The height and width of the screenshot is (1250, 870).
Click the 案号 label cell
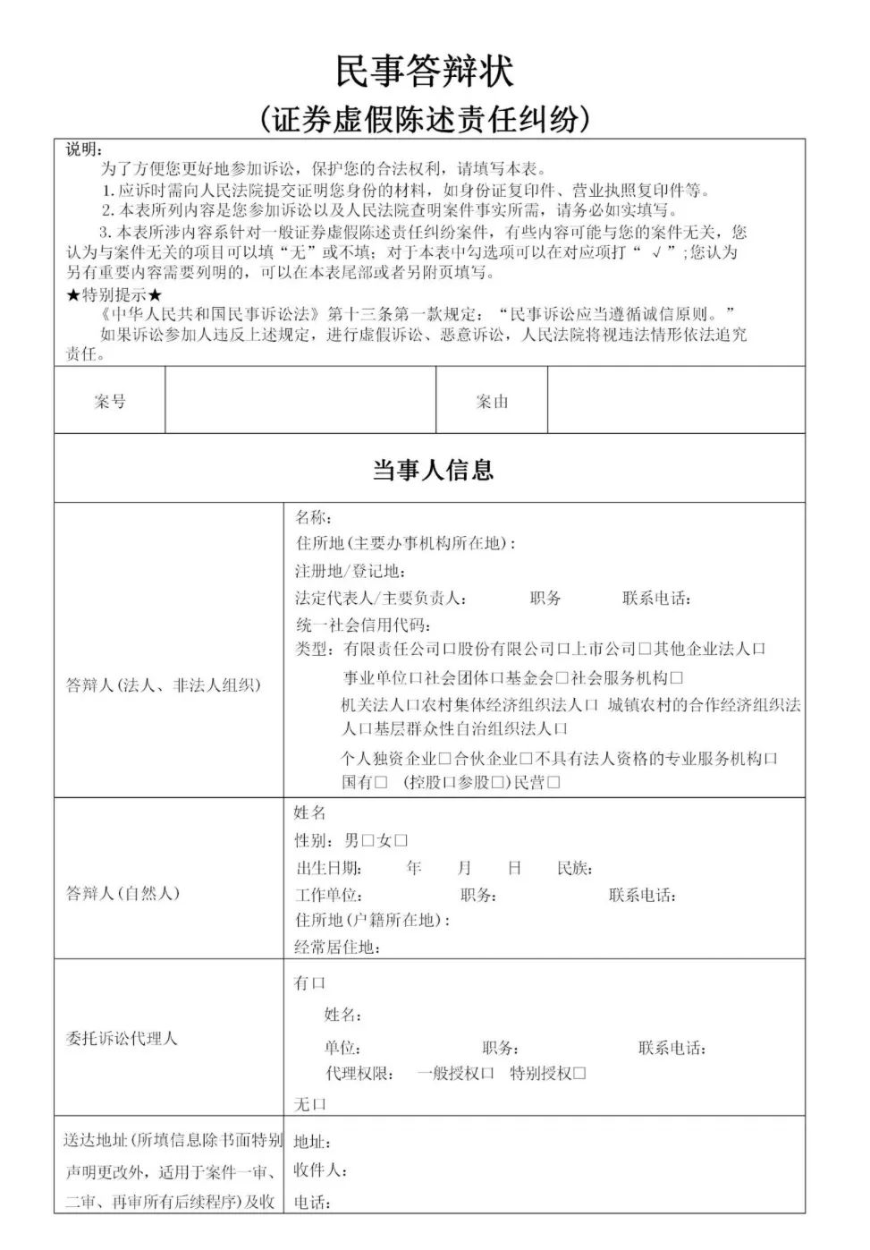[110, 402]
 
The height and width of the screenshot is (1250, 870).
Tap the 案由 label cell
[492, 402]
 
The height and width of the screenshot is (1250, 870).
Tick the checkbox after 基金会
[562, 678]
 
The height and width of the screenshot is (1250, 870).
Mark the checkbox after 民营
[553, 782]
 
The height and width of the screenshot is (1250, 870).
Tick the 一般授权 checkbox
[487, 1073]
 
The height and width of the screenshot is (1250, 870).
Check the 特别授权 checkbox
[579, 1073]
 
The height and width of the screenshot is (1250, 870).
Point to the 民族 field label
[574, 868]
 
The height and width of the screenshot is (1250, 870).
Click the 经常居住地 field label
[336, 947]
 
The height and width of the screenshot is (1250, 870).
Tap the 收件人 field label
[320, 1170]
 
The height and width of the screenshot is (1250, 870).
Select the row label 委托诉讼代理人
[122, 1039]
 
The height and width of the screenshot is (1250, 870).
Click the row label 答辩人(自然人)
[122, 893]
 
